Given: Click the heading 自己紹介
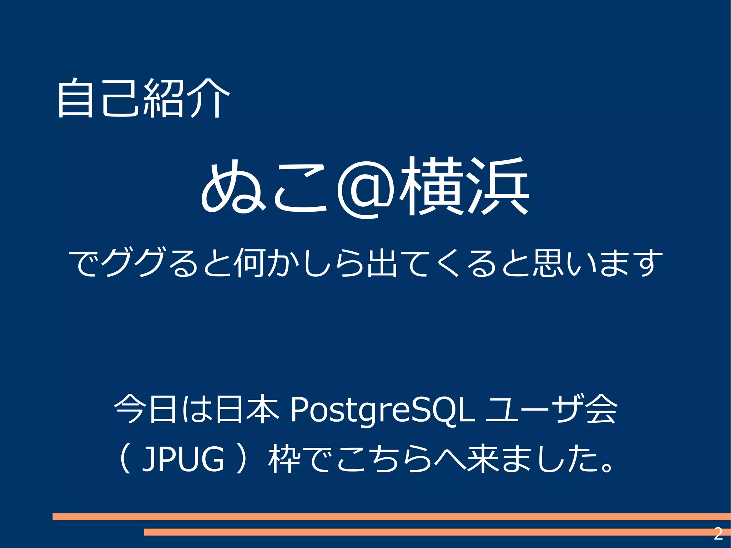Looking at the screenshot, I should [x=143, y=98].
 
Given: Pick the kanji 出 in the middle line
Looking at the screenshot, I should [x=382, y=262].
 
